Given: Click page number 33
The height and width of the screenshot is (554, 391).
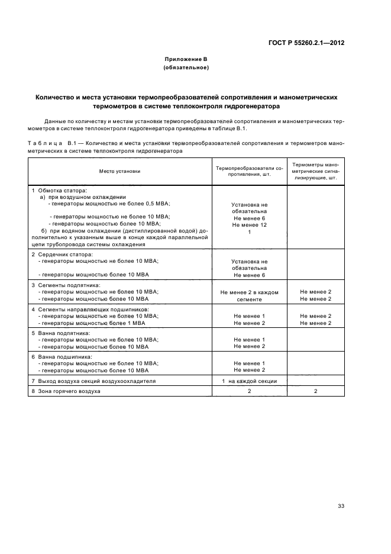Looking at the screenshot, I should click(341, 505).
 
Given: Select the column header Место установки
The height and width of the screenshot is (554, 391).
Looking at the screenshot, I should click(119, 171).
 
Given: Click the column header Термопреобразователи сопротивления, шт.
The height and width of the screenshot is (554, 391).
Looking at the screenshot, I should click(249, 172).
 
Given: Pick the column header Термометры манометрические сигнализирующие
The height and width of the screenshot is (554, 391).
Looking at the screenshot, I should click(315, 171).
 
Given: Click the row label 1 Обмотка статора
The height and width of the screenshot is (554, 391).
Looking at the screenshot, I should click(59, 191).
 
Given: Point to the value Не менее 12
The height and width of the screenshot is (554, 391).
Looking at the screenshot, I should click(249, 225).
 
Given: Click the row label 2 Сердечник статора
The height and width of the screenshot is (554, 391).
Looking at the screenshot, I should click(62, 254).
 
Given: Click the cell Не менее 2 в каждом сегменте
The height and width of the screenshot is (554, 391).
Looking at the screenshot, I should click(249, 295).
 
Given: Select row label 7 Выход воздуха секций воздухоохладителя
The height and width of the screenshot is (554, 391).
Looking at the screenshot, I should click(93, 381).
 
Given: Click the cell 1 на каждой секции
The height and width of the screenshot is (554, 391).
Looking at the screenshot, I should click(249, 381).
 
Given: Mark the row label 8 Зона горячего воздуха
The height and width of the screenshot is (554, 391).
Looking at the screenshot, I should click(66, 392).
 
